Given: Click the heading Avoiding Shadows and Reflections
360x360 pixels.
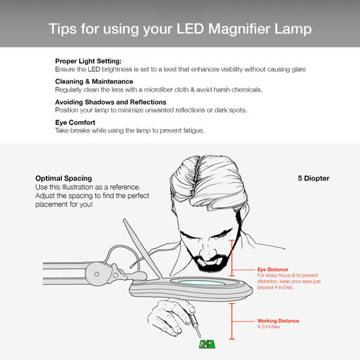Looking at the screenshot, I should coord(111,102).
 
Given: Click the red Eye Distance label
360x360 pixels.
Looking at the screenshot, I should coord(272,268).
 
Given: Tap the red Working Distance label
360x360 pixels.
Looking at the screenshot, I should coord(278,320).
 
